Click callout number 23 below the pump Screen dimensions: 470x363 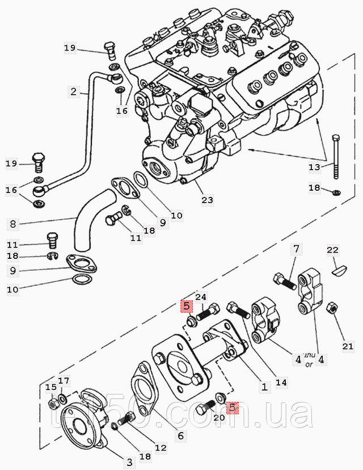click(x=208, y=200)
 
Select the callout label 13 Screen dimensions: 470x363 click(x=314, y=167)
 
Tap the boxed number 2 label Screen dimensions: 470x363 click(x=73, y=91)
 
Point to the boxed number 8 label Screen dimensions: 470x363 click(x=12, y=224)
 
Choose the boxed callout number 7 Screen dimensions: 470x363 click(x=296, y=249)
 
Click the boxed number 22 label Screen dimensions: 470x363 click(x=332, y=250)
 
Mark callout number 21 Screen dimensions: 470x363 click(x=348, y=346)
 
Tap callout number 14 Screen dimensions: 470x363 click(x=282, y=382)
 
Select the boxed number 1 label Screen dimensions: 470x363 click(x=264, y=387)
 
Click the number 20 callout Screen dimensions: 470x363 click(x=220, y=418)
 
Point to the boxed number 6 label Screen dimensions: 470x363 click(x=181, y=436)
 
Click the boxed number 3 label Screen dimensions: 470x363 click(x=129, y=463)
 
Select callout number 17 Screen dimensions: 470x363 click(x=64, y=381)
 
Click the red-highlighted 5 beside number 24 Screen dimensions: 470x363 click(x=186, y=307)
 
